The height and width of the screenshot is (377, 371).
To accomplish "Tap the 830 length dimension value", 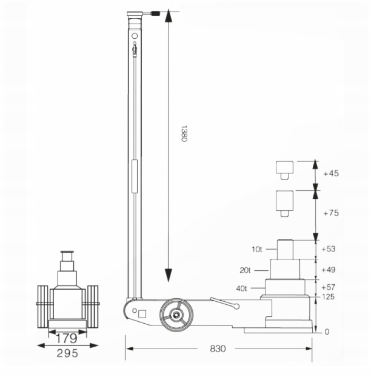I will pyautogui.click(x=219, y=349).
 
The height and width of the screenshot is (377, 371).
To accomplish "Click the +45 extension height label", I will pyautogui.click(x=331, y=174).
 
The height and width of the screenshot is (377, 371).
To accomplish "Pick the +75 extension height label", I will pyautogui.click(x=331, y=213).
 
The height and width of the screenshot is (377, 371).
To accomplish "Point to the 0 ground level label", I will pyautogui.click(x=326, y=332).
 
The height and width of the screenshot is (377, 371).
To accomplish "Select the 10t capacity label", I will pyautogui.click(x=258, y=249).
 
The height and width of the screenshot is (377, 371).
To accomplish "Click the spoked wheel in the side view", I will pyautogui.click(x=176, y=315).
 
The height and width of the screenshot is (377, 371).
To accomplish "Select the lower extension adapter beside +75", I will pyautogui.click(x=284, y=202).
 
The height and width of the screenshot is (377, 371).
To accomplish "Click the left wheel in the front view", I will pyautogui.click(x=43, y=304).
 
